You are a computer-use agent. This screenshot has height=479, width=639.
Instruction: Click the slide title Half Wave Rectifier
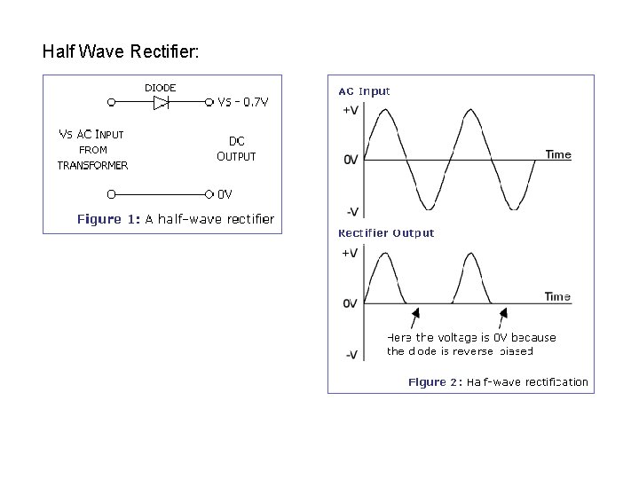(x=121, y=51)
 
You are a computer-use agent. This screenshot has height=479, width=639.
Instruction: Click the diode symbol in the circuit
(x=161, y=103)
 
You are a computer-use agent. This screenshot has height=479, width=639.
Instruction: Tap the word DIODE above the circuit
(x=160, y=87)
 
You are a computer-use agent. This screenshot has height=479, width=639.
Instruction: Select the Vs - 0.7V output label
(x=243, y=102)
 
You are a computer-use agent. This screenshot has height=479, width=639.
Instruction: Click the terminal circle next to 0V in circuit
(x=210, y=193)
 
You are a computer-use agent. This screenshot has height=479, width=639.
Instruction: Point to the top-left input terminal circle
(x=111, y=103)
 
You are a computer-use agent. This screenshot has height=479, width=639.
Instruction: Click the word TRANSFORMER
(x=92, y=165)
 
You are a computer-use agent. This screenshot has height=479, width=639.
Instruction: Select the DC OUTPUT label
(x=236, y=148)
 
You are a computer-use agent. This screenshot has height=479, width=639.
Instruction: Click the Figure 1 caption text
(x=176, y=218)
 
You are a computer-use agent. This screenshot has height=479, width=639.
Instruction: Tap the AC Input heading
(x=364, y=90)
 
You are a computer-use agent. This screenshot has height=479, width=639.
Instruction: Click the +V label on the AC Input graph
(x=351, y=111)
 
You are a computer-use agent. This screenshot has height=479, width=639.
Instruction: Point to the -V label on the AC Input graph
(x=351, y=211)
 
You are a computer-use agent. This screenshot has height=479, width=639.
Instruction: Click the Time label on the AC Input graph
(x=558, y=154)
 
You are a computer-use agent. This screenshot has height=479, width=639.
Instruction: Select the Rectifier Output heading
(x=386, y=233)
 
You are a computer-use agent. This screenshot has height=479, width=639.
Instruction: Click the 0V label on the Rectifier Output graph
(x=351, y=303)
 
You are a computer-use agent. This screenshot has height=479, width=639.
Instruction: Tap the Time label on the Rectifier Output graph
(x=557, y=297)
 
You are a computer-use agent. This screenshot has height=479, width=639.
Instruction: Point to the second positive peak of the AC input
(x=470, y=110)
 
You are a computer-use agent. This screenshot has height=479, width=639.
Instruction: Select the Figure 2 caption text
(x=498, y=382)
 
